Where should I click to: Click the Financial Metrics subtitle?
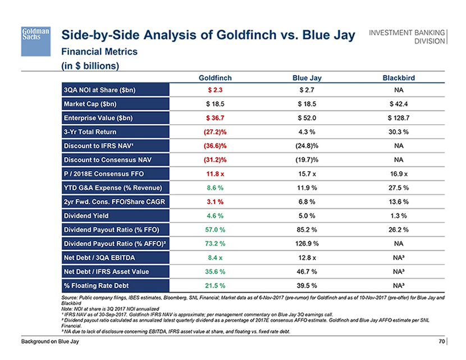click(x=99, y=51)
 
